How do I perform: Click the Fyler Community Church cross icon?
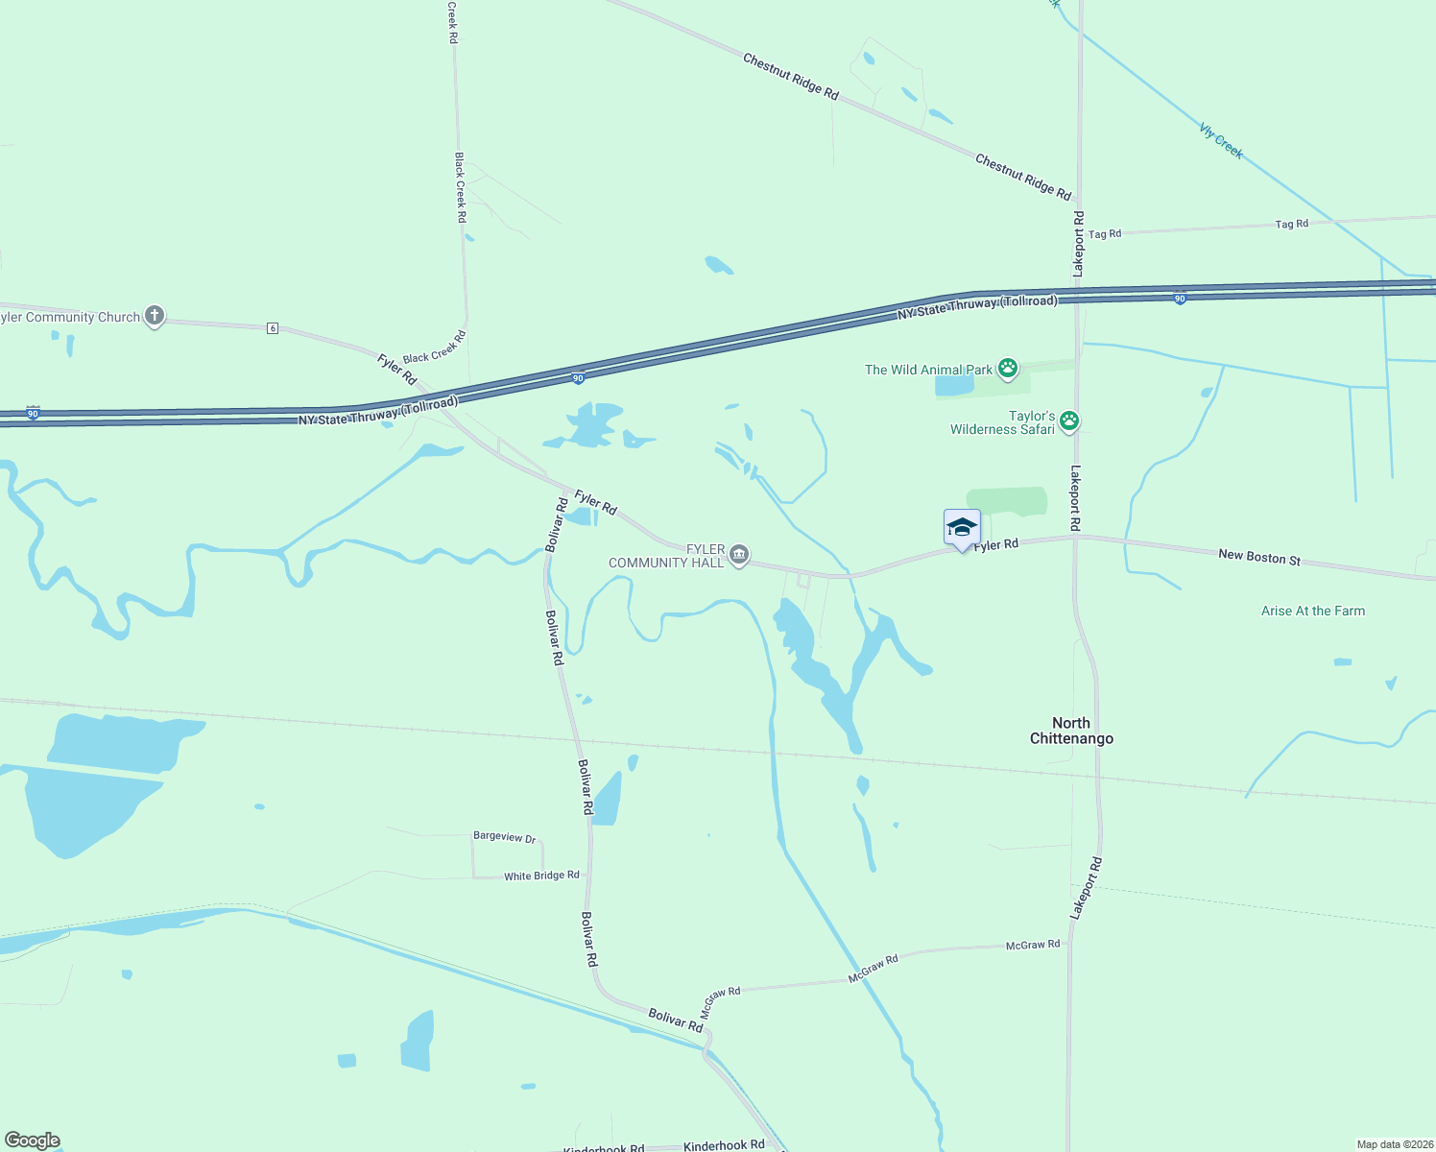(x=155, y=316)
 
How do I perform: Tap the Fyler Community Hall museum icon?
(x=739, y=555)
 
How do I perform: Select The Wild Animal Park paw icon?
(x=1007, y=369)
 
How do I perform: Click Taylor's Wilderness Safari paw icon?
(x=1069, y=420)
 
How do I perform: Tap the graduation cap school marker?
(x=962, y=528)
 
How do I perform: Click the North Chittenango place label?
(x=1071, y=731)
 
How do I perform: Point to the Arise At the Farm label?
(x=1312, y=611)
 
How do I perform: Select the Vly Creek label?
(x=1221, y=140)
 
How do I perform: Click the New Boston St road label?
(x=1258, y=557)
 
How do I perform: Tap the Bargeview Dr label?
(x=504, y=836)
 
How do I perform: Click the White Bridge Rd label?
(x=541, y=876)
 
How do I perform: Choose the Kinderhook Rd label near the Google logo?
(x=724, y=1144)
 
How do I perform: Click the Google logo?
(x=33, y=1140)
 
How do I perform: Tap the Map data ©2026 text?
(x=1395, y=1144)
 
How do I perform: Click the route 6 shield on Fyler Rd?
(x=273, y=328)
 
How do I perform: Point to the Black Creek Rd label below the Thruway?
(x=434, y=347)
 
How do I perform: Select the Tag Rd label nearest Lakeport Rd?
(x=1105, y=233)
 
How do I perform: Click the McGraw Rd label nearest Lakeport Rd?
(x=1033, y=945)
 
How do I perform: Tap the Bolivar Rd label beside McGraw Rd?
(x=675, y=1020)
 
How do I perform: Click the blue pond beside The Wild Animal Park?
(x=954, y=385)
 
